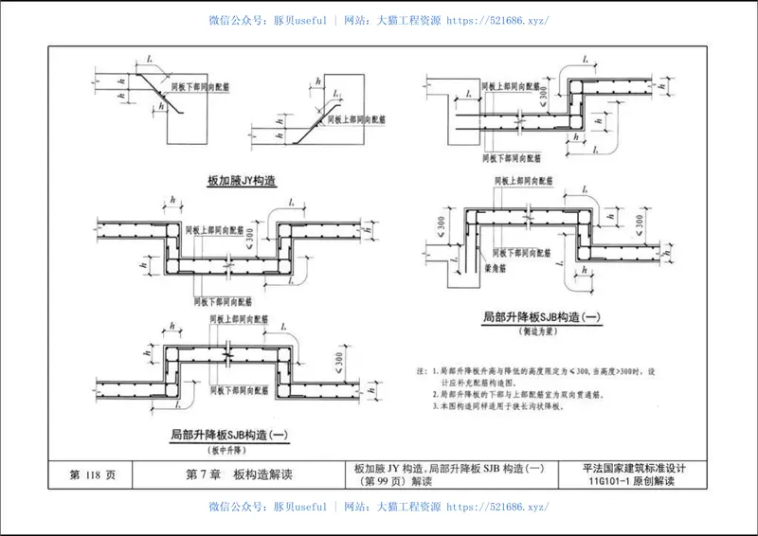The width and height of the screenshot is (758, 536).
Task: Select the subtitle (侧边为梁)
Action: coord(536,332)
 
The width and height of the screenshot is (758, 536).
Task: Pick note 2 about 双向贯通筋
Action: coord(535,392)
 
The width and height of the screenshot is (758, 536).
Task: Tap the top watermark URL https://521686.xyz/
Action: coord(496,20)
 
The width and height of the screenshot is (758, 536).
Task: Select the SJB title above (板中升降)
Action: coord(227,435)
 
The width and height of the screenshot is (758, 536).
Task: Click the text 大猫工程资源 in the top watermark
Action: coord(407,20)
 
